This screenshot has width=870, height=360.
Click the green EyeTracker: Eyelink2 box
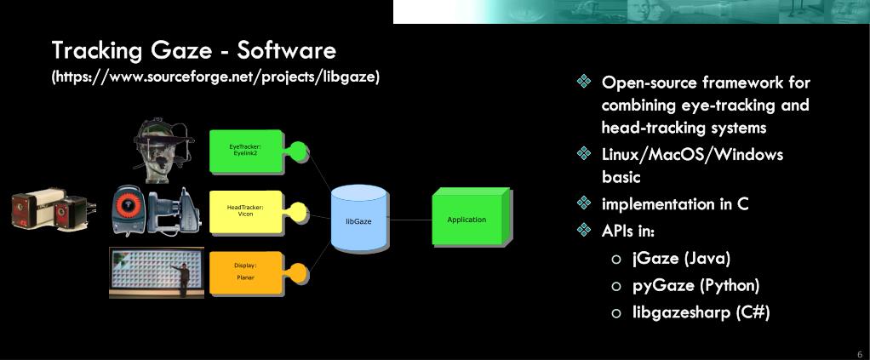point(246,151)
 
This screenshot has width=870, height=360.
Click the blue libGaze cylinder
point(359,220)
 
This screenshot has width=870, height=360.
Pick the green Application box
point(468,219)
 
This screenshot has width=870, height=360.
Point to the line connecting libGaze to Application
point(410,220)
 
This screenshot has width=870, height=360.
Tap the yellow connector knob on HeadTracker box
point(299,211)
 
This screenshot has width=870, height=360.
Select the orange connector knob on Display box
point(299,272)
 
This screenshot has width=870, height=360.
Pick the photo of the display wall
point(157,271)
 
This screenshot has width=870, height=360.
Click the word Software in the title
point(287,50)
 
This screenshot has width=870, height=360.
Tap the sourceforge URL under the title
point(215,77)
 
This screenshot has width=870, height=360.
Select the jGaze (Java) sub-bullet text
point(681,258)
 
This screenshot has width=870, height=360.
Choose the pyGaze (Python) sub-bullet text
point(695,285)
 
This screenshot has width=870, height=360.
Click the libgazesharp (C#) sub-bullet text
point(701,312)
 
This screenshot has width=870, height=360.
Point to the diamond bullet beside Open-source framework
point(584,83)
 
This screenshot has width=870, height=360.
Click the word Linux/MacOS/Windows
point(692,154)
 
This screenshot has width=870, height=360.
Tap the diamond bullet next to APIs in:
point(584,230)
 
